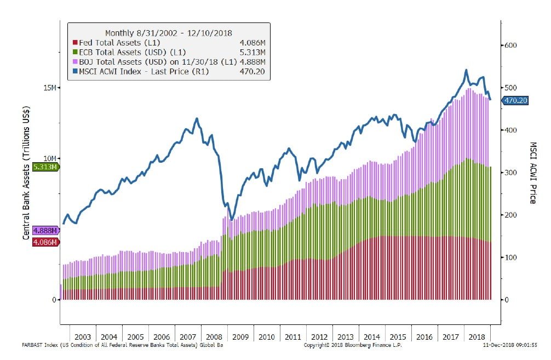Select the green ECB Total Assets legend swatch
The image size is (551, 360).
pos(74,52)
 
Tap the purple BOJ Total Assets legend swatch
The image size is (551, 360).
pos(74,61)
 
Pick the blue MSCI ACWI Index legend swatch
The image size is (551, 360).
pos(74,71)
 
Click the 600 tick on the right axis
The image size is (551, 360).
pos(510,45)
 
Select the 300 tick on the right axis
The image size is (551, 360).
pos(510,173)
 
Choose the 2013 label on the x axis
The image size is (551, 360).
pos(346,336)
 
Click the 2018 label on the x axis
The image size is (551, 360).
pos(478,336)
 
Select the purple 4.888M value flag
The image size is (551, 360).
pos(45,231)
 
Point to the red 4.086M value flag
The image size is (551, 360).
pos(45,241)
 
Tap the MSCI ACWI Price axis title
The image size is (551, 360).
pos(533,173)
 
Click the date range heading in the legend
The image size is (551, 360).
pos(168,32)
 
